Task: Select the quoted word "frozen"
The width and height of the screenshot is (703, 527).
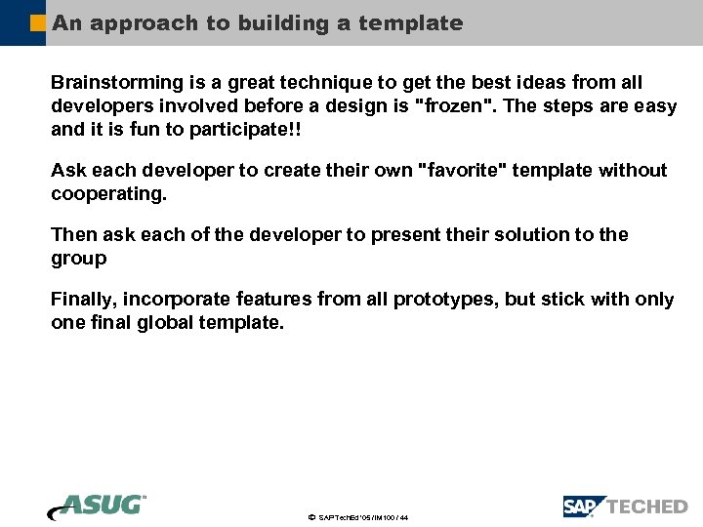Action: [454, 106]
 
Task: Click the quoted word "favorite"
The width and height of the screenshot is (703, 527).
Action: [458, 171]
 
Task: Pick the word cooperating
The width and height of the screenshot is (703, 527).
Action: [108, 194]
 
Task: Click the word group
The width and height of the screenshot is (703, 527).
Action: [78, 259]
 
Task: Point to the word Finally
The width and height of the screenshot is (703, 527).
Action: [83, 300]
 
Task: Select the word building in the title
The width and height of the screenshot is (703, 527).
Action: [284, 22]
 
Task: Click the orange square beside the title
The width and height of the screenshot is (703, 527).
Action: [38, 22]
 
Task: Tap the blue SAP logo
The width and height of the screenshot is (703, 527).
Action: [583, 507]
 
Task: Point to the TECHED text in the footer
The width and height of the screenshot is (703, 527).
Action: [647, 507]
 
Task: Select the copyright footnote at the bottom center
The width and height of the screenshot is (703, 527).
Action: [357, 517]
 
